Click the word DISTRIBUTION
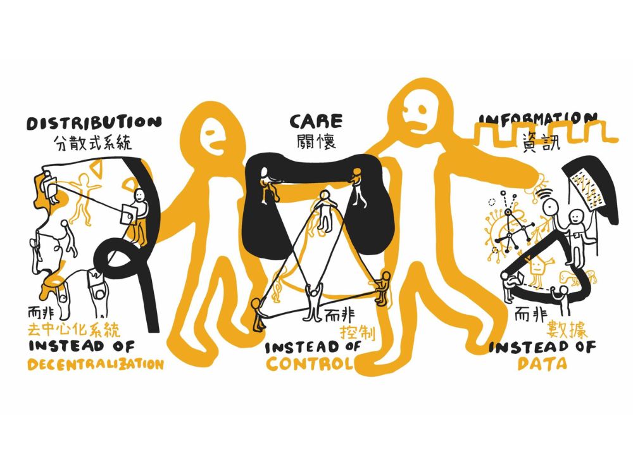point(94,123)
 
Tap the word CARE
point(316,121)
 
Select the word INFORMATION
point(537,118)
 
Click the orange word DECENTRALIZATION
point(96,364)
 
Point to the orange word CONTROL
point(310,364)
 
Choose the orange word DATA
point(542,364)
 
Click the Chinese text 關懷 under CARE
point(316,142)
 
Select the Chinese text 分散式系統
point(92,142)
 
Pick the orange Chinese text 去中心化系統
point(74,329)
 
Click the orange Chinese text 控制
point(357,332)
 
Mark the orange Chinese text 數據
point(567,330)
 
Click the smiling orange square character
point(537,268)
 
